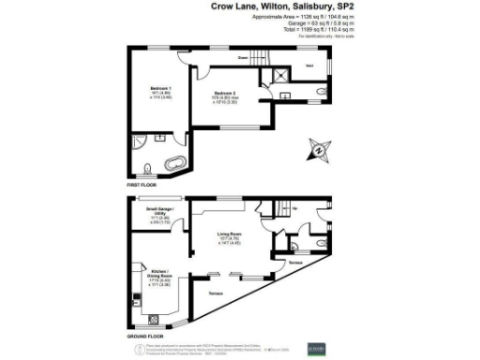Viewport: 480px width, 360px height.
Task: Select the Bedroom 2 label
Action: coord(223,94)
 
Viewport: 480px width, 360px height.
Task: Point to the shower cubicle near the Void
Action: coord(280,78)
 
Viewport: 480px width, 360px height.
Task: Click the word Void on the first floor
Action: coord(309,67)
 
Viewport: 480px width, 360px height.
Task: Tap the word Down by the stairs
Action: coord(242,58)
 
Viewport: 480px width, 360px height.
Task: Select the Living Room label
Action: coord(231,233)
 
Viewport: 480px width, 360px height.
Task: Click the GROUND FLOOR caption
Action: coord(145,335)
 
